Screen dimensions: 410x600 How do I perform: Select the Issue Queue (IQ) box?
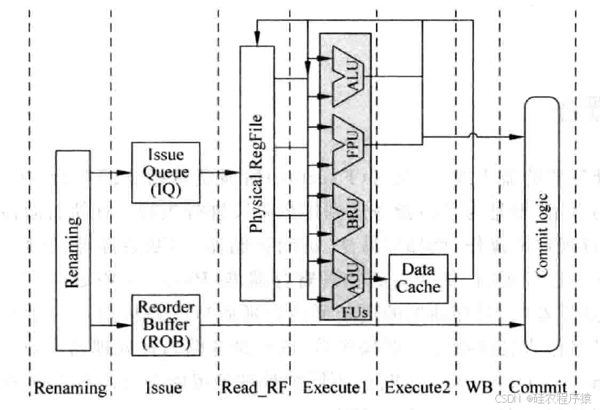(165, 172)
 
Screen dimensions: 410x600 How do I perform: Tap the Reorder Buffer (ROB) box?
(165, 324)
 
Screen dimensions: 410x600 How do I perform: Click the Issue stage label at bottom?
(165, 387)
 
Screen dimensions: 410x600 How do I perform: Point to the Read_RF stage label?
(252, 387)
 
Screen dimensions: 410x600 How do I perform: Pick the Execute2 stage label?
(415, 387)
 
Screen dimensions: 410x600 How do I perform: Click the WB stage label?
(476, 387)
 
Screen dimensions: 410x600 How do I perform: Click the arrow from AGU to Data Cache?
(378, 278)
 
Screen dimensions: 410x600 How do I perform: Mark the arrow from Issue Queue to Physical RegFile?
(220, 173)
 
